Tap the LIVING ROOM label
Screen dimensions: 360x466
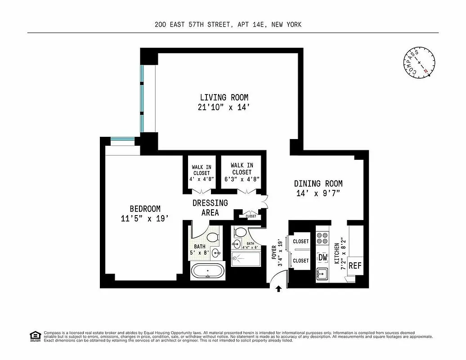pos(224,102)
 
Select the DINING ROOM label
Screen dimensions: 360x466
pos(318,188)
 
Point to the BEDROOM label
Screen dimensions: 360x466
pos(145,213)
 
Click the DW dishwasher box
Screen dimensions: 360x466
pos(323,257)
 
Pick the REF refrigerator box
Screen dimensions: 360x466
pos(355,265)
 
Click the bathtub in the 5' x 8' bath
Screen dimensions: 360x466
pos(207,272)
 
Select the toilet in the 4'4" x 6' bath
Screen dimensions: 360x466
pos(240,233)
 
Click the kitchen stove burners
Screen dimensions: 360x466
pos(322,239)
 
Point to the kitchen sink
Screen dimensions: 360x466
pos(322,273)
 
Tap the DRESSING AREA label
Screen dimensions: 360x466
pos(210,207)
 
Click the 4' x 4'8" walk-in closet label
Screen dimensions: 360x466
pos(202,173)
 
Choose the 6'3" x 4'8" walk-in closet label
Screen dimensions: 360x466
pos(242,171)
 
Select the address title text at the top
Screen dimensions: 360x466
pos(227,25)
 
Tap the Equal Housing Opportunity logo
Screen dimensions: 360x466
pos(34,336)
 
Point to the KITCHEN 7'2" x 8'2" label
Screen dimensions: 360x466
pos(340,256)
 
